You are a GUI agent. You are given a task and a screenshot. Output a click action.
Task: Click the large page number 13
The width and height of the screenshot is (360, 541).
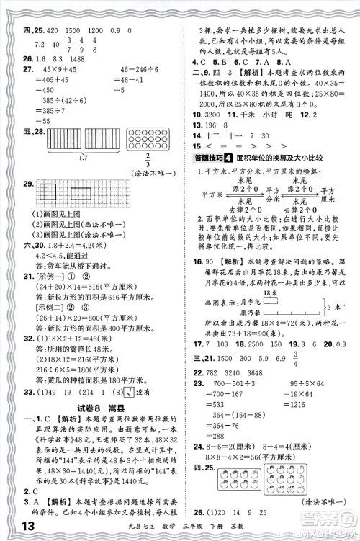click(x=21, y=529)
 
